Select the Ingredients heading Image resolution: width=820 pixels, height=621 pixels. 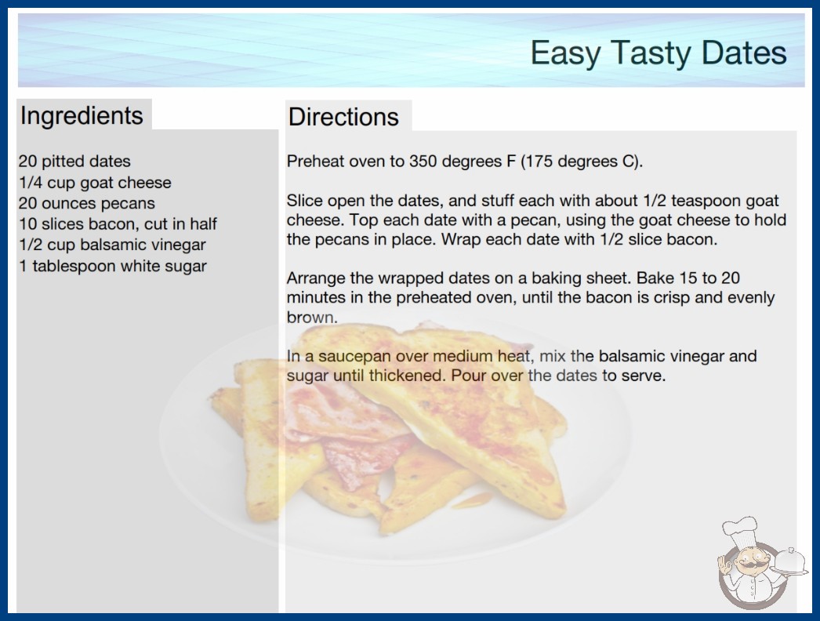(x=82, y=115)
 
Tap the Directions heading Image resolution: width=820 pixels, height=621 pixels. (x=343, y=117)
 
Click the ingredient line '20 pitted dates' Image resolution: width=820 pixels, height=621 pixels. (x=74, y=162)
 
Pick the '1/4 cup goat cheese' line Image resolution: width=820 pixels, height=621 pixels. (x=95, y=182)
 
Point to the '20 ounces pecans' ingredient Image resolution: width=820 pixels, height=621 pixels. (x=87, y=203)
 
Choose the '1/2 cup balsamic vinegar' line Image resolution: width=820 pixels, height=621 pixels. (x=112, y=245)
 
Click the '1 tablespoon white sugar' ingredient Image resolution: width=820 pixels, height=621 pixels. (x=113, y=266)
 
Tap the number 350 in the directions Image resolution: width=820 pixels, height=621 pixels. (x=422, y=162)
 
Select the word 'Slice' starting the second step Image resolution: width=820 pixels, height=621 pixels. (x=305, y=201)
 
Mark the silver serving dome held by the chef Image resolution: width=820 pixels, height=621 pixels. (x=790, y=561)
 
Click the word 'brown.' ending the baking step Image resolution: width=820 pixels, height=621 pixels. (x=312, y=318)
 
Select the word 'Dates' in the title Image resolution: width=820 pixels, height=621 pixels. (x=744, y=53)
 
